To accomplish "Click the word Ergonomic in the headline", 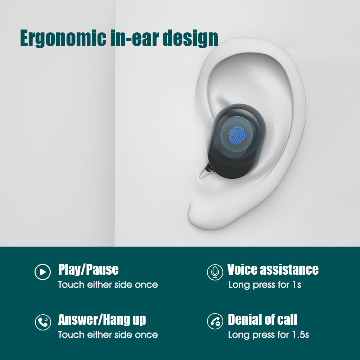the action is pyautogui.click(x=63, y=39).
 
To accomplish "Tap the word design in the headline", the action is pyautogui.click(x=190, y=39).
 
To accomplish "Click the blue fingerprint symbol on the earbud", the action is pyautogui.click(x=237, y=135).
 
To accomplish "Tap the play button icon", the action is pyautogui.click(x=43, y=272).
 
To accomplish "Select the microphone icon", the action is pyautogui.click(x=215, y=272).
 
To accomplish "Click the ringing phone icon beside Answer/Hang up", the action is pyautogui.click(x=43, y=322).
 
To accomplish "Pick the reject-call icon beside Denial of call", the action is pyautogui.click(x=215, y=321).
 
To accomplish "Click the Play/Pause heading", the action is pyautogui.click(x=89, y=270).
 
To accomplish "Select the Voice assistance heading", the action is pyautogui.click(x=273, y=269).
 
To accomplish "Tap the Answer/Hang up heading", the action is pyautogui.click(x=102, y=320).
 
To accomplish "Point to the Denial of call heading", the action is pyautogui.click(x=262, y=319).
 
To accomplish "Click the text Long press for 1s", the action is pyautogui.click(x=265, y=285).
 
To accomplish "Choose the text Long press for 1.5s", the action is pyautogui.click(x=269, y=335).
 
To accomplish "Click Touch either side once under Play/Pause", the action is pyautogui.click(x=108, y=285).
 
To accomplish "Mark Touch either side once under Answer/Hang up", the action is pyautogui.click(x=108, y=335).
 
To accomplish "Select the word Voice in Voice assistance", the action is pyautogui.click(x=242, y=269).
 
